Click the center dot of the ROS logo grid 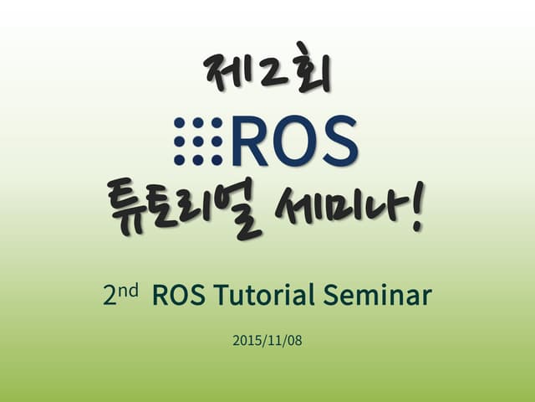pyautogui.click(x=198, y=141)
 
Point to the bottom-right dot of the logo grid pyautogui.click(x=217, y=159)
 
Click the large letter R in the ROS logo pyautogui.click(x=250, y=141)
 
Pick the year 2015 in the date pyautogui.click(x=247, y=342)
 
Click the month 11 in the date pyautogui.click(x=273, y=342)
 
